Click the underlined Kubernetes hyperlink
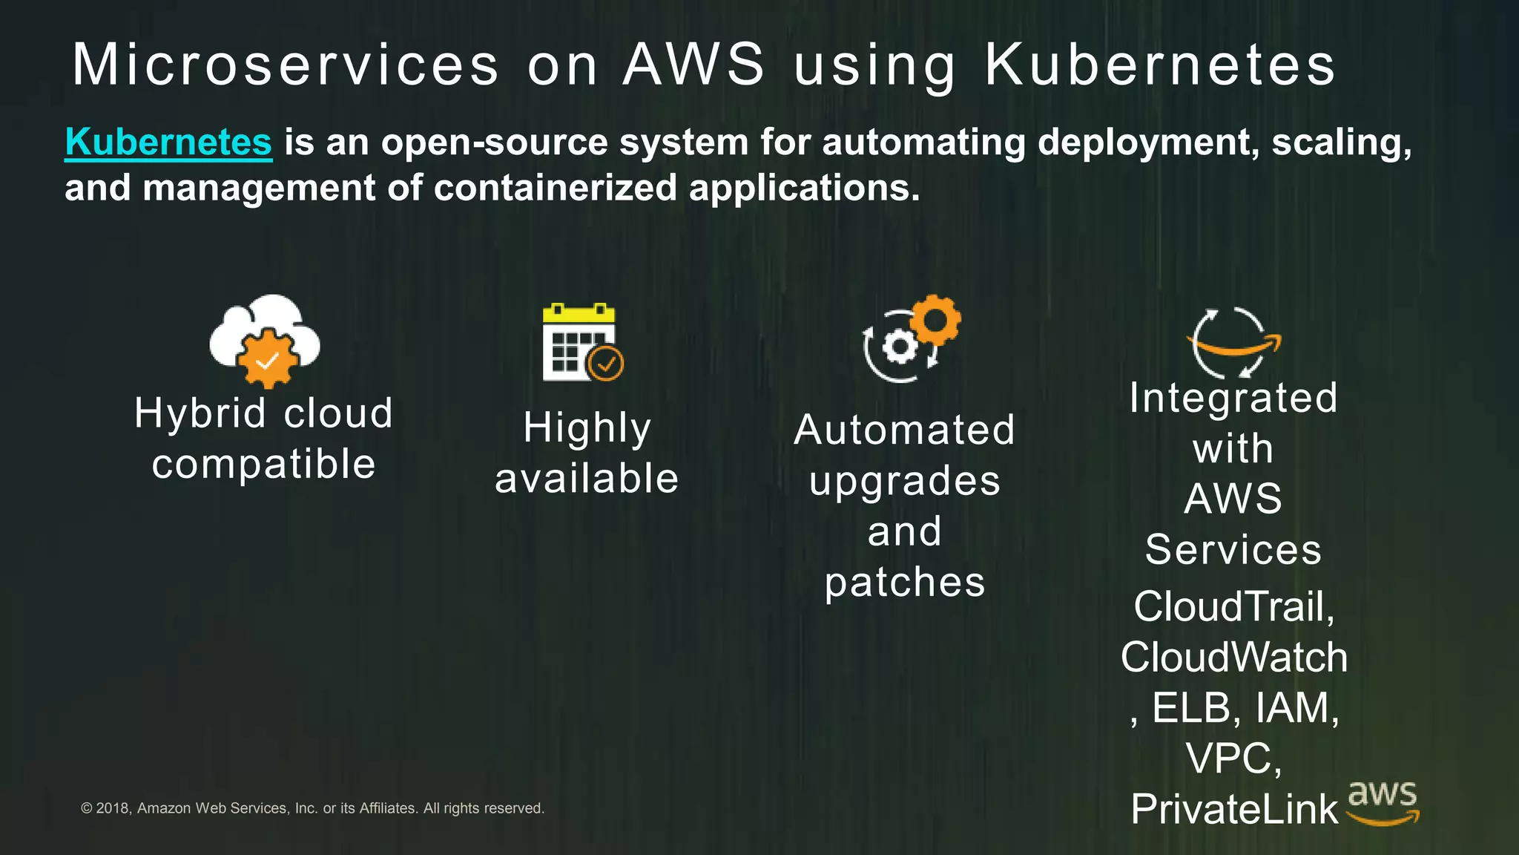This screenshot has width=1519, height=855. [x=168, y=142]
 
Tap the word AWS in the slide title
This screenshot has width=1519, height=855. [x=693, y=65]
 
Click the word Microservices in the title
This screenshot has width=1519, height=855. [x=286, y=65]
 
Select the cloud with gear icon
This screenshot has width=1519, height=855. [x=266, y=341]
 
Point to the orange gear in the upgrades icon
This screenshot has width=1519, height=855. [x=935, y=320]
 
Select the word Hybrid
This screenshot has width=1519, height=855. [x=200, y=413]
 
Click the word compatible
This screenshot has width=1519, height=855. [x=264, y=464]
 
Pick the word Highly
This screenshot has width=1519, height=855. [x=587, y=428]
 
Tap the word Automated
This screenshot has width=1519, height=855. [x=904, y=430]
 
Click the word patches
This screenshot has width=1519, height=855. [x=905, y=582]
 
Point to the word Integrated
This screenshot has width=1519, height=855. [x=1233, y=398]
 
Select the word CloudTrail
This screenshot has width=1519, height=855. [x=1229, y=606]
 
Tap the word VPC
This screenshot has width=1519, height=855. [x=1229, y=759]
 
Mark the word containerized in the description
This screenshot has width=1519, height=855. [x=555, y=188]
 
